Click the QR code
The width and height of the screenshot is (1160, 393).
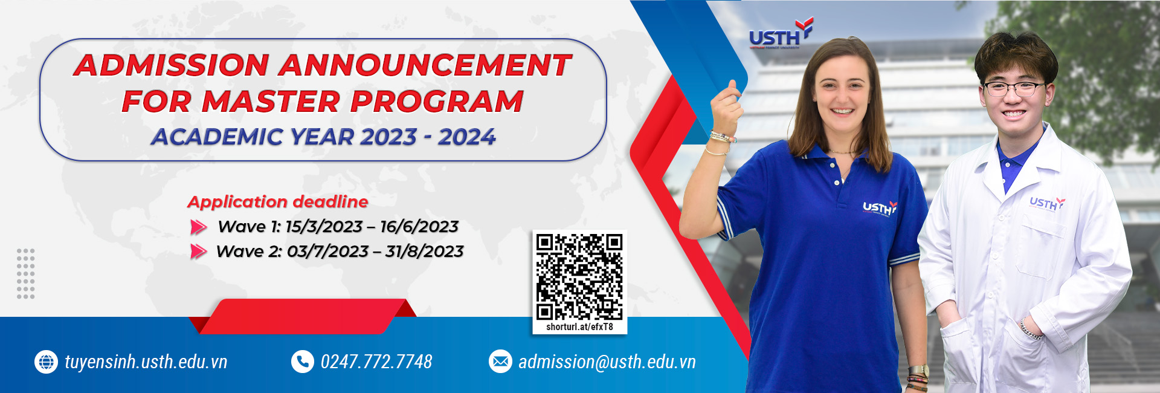(579, 276)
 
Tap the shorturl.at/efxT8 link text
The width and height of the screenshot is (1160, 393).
(579, 327)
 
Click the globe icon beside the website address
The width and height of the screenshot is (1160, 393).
(46, 362)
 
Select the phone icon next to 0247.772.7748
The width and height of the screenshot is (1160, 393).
(302, 362)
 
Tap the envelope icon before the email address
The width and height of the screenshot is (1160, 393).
(500, 362)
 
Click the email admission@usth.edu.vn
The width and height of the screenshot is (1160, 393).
(607, 362)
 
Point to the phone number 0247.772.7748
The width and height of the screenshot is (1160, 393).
(376, 362)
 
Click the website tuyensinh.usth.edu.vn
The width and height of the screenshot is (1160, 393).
(146, 362)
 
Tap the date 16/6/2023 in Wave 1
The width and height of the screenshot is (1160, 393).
(419, 227)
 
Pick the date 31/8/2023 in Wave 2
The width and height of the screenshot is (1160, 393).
(424, 251)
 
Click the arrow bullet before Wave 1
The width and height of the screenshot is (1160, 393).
(199, 227)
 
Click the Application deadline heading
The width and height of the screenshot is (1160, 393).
(278, 202)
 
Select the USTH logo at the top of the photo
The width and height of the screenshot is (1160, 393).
(781, 34)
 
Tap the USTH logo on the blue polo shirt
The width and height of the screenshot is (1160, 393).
(880, 207)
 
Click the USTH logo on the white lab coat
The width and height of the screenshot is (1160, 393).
(1047, 203)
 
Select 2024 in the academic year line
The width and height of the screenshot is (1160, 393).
(467, 137)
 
